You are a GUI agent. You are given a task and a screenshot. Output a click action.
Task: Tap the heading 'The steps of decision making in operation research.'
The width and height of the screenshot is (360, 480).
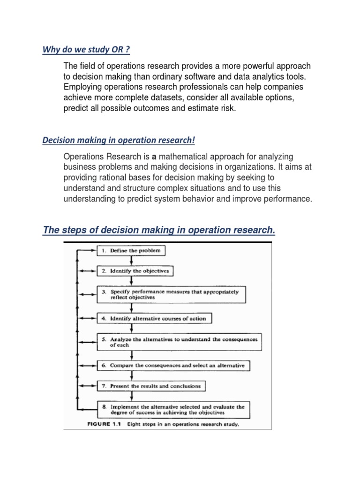point(159,230)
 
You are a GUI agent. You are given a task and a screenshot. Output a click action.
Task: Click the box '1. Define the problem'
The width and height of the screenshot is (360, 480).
point(131,251)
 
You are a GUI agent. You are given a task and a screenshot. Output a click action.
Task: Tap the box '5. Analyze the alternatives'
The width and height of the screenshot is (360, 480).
point(179,342)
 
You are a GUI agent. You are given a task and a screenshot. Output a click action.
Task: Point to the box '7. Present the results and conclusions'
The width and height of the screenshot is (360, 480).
point(151,386)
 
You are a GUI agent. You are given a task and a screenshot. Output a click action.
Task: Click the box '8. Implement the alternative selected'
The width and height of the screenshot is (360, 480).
point(173,409)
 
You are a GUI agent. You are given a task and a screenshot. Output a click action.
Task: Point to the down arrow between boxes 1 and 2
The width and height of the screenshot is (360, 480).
point(131,261)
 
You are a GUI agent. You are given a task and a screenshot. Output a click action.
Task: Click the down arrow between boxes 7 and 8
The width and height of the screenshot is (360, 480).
point(131,396)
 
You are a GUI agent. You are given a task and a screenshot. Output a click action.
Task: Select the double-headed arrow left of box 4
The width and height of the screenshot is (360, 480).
point(87,319)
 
